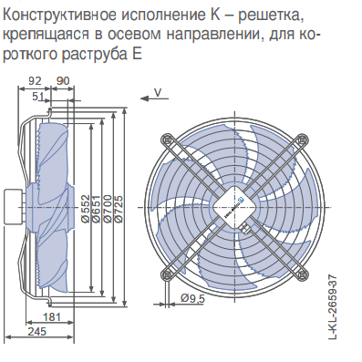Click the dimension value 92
35,81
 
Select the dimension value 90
63,81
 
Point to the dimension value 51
38,97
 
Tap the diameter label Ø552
87,209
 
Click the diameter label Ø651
97,209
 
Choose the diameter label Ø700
108,209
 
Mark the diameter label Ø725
119,209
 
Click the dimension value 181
52,317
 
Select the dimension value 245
37,331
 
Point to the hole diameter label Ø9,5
192,298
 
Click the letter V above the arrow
158,92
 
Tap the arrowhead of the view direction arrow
144,98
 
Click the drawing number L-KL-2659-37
334,307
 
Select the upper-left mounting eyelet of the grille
166,140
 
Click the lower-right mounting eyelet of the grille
302,274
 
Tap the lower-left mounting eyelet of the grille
166,274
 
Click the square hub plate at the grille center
234,207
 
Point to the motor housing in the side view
13,207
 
